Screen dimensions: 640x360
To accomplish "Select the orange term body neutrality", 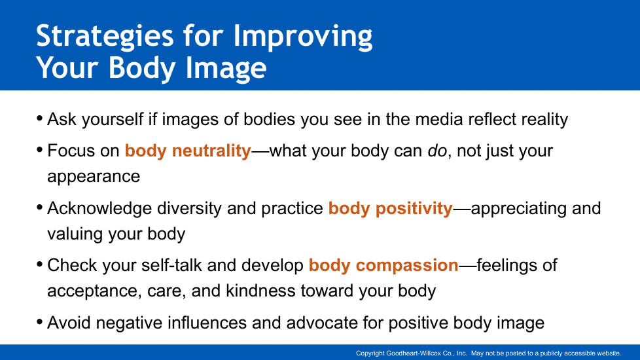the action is tap(188, 151).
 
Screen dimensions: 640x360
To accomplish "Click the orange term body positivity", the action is tap(390, 209).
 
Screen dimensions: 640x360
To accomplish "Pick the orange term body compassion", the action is tap(383, 266).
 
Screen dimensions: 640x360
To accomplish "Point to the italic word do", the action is tap(437, 151).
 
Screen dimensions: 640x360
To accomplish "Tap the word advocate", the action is tap(322, 323).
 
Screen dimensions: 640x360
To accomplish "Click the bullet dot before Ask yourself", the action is tap(39, 118).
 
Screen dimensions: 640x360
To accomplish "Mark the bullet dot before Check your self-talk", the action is tap(39, 264).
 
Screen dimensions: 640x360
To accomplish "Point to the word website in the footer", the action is tap(609, 353).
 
